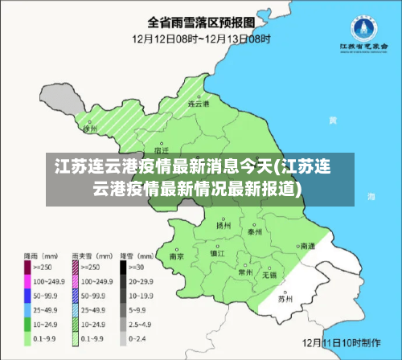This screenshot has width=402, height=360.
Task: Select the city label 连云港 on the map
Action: pos(198,104)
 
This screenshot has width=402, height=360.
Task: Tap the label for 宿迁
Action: pos(161,149)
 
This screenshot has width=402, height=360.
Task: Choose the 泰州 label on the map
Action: pos(256,231)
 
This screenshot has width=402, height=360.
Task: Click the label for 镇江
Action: pos(217,252)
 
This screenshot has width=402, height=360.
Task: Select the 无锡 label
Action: pos(269,276)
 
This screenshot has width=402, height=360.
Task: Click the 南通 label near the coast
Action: pos(307,246)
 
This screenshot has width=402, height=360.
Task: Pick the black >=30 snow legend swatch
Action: pos(125,265)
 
